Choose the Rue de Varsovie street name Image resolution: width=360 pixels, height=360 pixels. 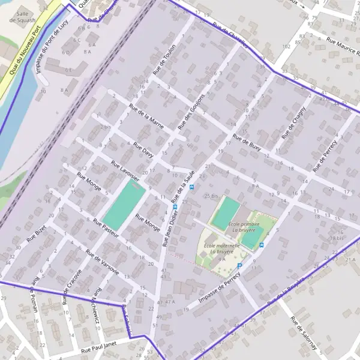(101, 263)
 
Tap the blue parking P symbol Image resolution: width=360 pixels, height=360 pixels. (239, 266)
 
